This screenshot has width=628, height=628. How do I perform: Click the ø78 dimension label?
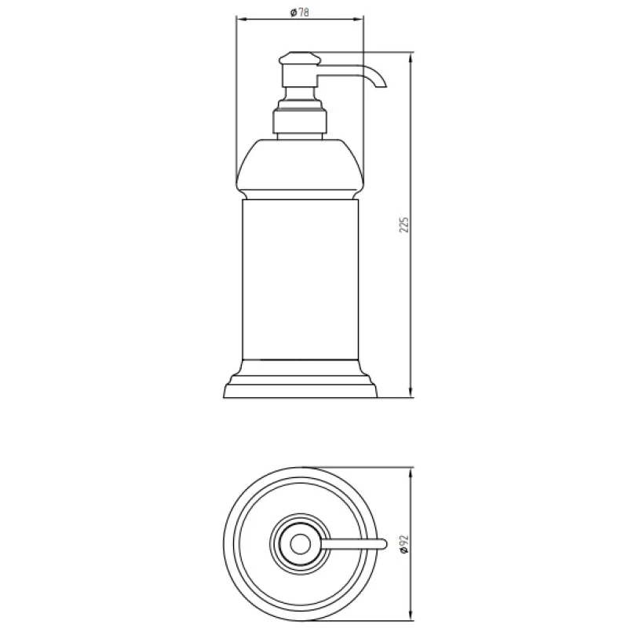(300, 13)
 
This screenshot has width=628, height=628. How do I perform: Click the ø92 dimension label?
(403, 544)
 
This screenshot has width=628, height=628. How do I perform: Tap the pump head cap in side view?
(301, 58)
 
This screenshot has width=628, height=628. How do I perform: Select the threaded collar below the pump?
(300, 121)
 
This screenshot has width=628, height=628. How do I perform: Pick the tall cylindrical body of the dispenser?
(301, 279)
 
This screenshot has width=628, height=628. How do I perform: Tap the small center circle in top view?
(300, 544)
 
